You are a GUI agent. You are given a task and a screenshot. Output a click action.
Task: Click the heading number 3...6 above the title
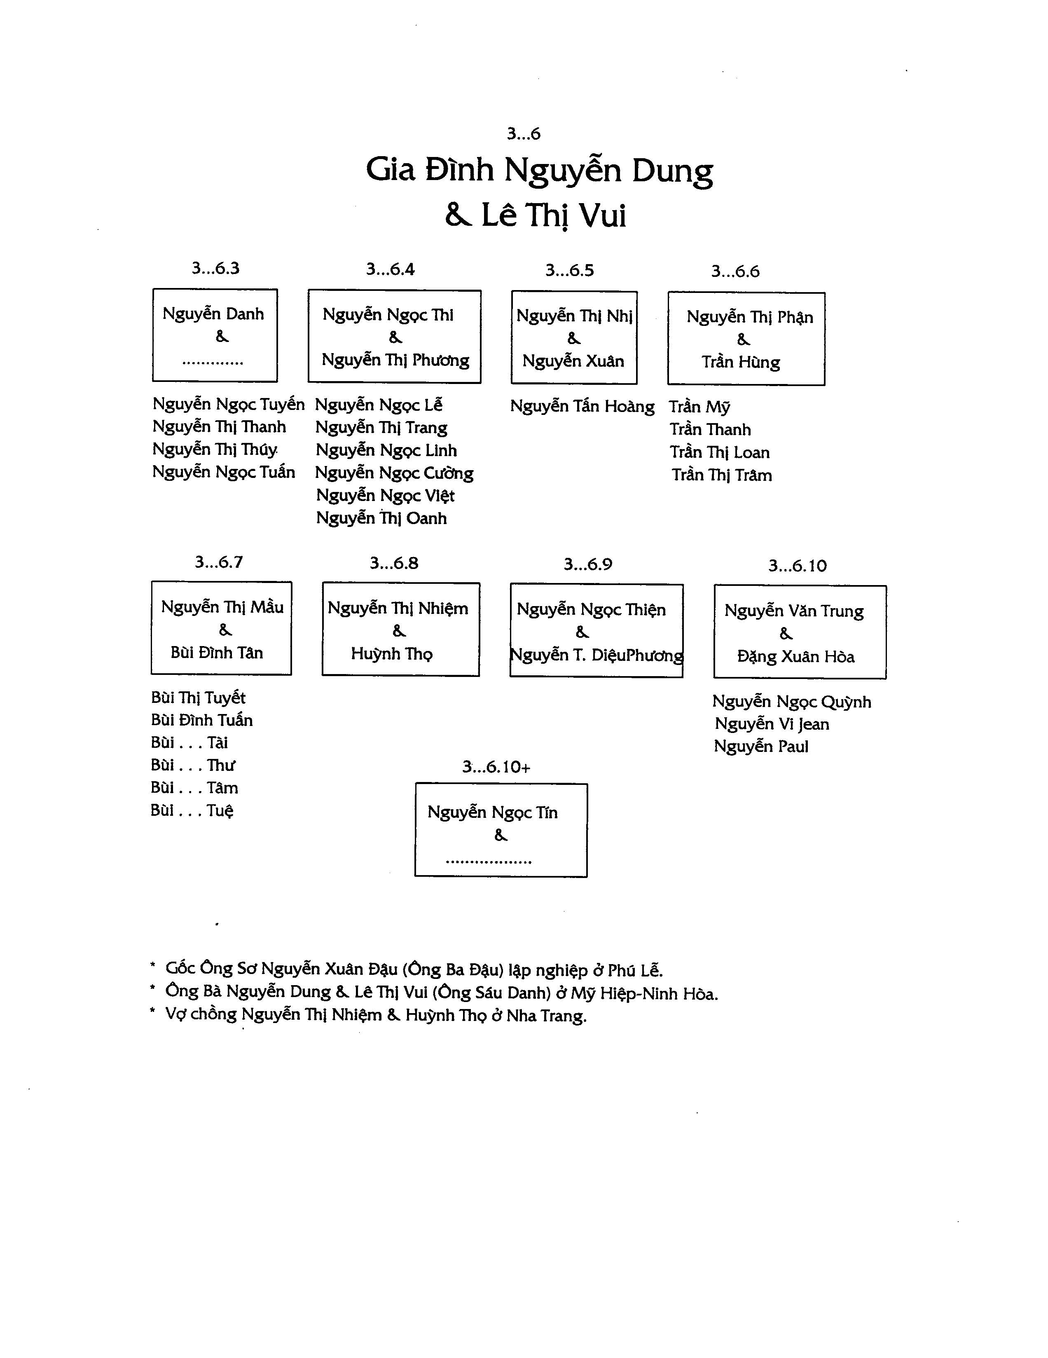(x=523, y=133)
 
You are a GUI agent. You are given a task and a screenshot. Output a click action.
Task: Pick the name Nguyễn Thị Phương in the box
(x=395, y=360)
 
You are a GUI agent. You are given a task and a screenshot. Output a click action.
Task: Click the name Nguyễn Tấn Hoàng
(x=582, y=407)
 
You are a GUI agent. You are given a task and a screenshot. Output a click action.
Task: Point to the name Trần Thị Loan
(x=720, y=453)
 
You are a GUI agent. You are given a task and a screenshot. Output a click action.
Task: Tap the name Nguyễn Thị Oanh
(x=381, y=519)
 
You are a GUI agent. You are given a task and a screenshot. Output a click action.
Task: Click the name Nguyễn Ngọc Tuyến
(x=229, y=405)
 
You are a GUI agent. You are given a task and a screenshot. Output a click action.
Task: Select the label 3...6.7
(x=219, y=562)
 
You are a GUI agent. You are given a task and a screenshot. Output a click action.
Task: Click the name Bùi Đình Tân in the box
(x=217, y=653)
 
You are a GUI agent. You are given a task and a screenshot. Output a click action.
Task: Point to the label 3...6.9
(x=588, y=564)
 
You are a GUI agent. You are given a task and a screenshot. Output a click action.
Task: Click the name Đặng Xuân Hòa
(x=795, y=657)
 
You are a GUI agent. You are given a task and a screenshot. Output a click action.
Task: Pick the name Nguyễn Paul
(x=761, y=747)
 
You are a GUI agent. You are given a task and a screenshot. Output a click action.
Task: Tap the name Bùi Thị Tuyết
(x=198, y=698)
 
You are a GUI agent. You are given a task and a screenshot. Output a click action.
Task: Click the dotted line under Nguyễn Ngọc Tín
(x=489, y=862)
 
